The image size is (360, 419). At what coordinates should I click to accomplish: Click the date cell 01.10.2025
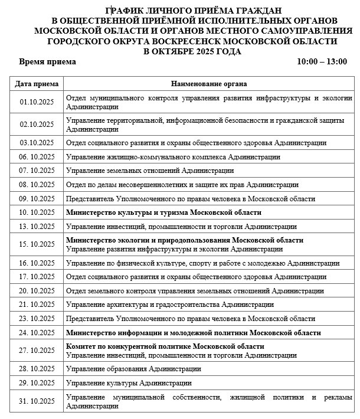(37, 102)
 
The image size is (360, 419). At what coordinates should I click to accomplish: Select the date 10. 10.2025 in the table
(37, 212)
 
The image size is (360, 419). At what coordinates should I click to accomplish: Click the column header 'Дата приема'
(37, 84)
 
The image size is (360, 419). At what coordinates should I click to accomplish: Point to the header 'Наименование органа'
(210, 84)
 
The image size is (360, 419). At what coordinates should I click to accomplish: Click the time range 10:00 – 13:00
(322, 61)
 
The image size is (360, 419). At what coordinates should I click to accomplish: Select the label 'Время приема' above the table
(47, 61)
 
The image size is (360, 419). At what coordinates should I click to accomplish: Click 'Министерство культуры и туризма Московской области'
(163, 212)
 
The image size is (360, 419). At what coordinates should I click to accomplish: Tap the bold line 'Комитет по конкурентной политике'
(165, 346)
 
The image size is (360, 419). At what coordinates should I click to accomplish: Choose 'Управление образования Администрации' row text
(133, 369)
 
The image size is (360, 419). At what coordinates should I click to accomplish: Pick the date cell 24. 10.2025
(37, 333)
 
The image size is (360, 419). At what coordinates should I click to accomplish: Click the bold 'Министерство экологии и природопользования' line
(185, 240)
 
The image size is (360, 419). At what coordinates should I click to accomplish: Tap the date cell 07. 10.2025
(37, 171)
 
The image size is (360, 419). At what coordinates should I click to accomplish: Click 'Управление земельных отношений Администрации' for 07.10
(150, 171)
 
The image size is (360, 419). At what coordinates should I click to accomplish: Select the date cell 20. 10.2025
(37, 290)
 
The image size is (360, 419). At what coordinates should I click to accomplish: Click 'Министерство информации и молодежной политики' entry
(194, 333)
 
